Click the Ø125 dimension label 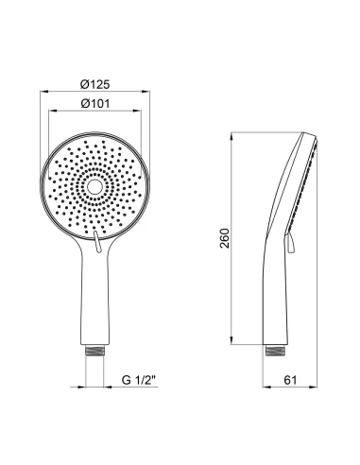point(94,84)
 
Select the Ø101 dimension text point(95,103)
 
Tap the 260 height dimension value point(225,238)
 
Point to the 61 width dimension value point(290,380)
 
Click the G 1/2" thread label point(139,380)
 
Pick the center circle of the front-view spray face point(94,187)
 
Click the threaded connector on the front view point(94,351)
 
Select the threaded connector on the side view point(276,351)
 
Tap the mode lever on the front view point(97,241)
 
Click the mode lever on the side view point(290,243)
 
